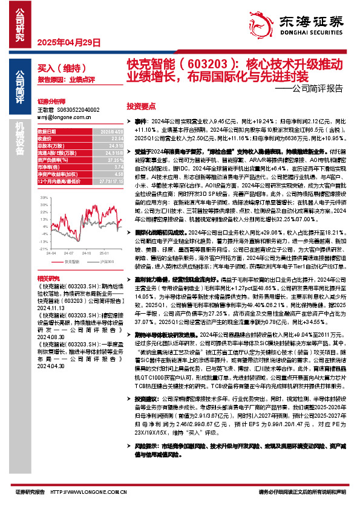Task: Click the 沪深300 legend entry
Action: click(100, 262)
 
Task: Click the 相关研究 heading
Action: click(47, 277)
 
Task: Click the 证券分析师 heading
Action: click(51, 102)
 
